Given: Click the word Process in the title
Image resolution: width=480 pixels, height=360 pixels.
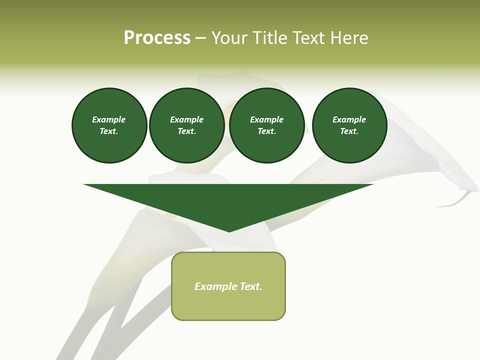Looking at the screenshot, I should [x=157, y=38].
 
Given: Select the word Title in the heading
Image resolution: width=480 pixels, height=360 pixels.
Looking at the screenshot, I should [x=270, y=38].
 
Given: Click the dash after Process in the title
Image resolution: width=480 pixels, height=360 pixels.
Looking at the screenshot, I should [x=200, y=38].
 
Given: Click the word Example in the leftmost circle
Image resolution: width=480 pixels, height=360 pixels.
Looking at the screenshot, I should [x=109, y=119].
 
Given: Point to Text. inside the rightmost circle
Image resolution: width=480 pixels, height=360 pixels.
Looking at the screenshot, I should [x=349, y=131].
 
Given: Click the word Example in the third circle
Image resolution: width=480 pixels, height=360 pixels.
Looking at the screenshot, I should [x=266, y=119].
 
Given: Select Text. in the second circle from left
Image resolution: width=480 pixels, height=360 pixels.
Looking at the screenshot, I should [x=186, y=131].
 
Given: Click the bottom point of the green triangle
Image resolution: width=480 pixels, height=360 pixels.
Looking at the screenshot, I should [x=229, y=230].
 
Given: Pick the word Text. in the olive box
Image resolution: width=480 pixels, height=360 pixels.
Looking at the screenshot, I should [x=251, y=286].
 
